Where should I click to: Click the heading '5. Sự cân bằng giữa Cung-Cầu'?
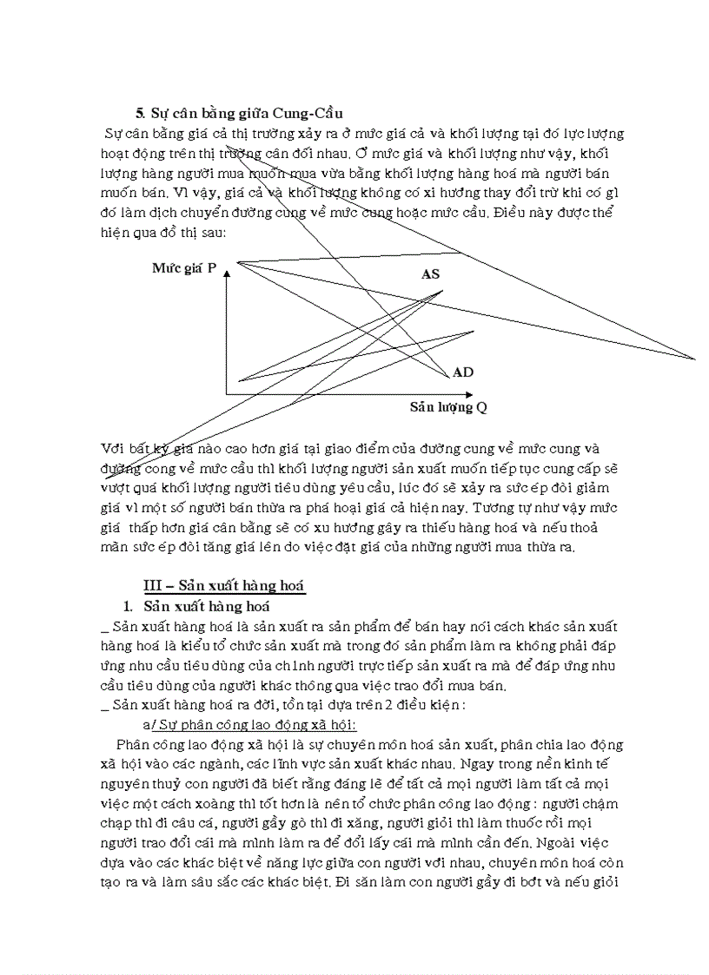point(239,114)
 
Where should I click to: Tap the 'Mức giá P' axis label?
point(184,268)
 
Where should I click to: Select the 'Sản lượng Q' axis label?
point(448,407)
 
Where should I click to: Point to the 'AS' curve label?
point(430,274)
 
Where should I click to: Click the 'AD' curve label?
point(463,372)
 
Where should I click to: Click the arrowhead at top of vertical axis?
point(227,274)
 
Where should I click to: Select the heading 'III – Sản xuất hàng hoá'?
point(224,586)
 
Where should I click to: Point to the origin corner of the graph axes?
point(227,395)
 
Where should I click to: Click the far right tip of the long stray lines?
point(695,358)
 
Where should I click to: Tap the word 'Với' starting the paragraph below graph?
point(113,449)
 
